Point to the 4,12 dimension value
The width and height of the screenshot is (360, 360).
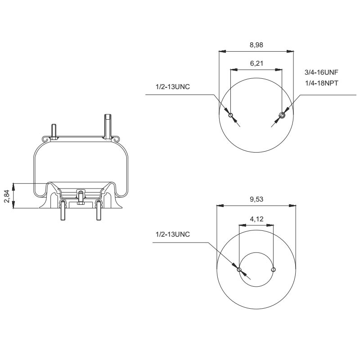[256, 219]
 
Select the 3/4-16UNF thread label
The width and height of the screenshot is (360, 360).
[321, 72]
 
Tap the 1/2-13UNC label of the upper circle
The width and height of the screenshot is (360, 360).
[172, 86]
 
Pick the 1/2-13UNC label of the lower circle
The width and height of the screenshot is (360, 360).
[172, 234]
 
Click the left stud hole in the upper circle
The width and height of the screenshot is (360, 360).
[231, 115]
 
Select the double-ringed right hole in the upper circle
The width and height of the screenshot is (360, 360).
[282, 115]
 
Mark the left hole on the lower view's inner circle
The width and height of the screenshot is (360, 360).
[239, 270]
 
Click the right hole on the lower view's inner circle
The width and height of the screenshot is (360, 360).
[273, 270]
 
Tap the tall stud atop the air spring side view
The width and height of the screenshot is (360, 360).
[108, 126]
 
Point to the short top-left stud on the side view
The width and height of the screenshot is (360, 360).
[54, 131]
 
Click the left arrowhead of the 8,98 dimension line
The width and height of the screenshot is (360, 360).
[222, 51]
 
